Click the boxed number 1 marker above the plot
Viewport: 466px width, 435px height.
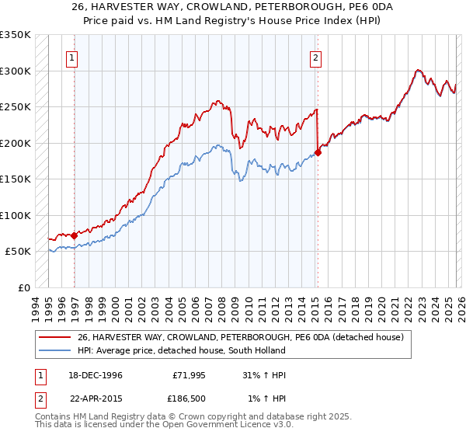pos(71,57)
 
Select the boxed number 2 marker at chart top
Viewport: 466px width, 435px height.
pos(317,57)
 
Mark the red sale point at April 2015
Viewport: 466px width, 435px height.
pos(318,152)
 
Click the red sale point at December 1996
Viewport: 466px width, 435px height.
pos(74,235)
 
